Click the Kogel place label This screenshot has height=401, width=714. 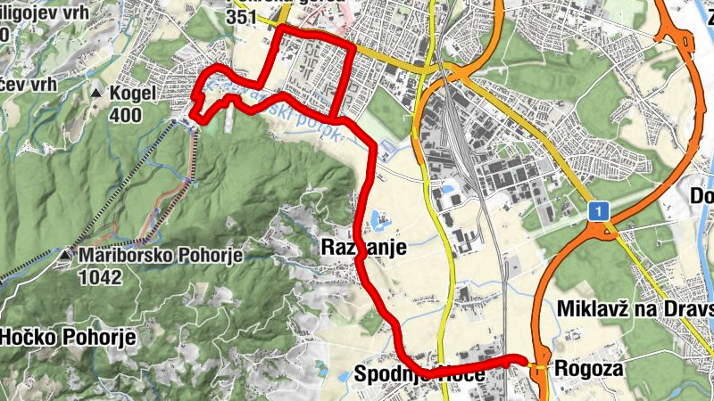134,93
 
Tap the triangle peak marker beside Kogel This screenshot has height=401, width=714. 95,93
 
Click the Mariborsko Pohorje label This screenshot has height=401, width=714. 161,257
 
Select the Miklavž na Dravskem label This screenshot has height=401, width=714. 634,308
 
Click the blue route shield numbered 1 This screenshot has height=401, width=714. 598,211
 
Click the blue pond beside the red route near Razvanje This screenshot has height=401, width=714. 378,217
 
